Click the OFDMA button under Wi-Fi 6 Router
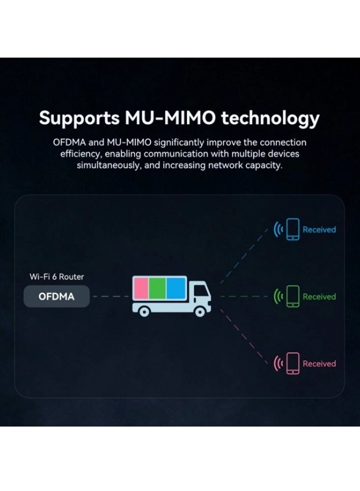coord(57,297)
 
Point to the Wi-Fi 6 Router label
coord(57,277)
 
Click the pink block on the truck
coord(141,289)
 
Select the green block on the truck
coord(157,289)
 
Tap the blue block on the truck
coord(174,289)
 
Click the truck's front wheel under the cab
coord(200,311)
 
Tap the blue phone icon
coord(293,229)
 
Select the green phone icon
coord(293,296)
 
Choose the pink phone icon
coord(293,364)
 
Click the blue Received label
coord(319,229)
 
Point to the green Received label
coord(319,297)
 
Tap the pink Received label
coord(319,364)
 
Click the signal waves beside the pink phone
coord(278,364)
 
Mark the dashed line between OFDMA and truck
coord(111,297)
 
